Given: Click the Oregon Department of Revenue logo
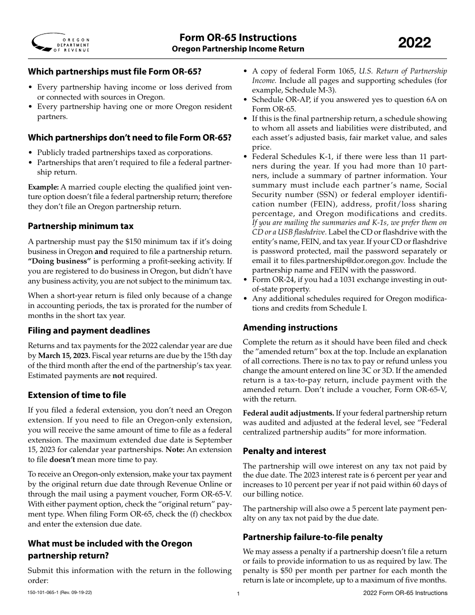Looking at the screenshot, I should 60,44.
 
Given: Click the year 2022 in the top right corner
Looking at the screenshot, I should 414,43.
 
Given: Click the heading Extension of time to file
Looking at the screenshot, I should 77,395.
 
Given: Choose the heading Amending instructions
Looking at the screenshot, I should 290,327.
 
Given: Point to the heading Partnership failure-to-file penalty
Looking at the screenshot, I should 312,537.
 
